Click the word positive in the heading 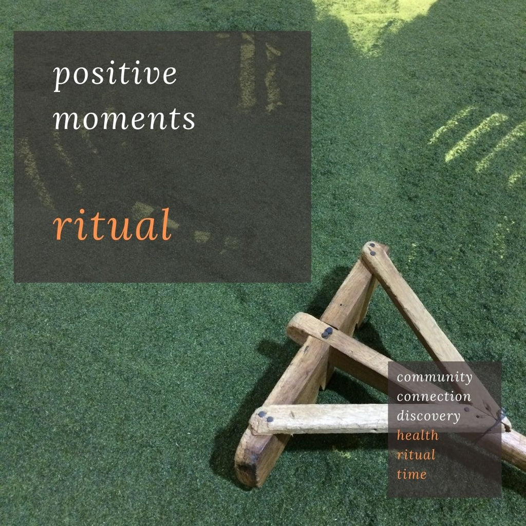click(x=115, y=75)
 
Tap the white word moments click(x=124, y=119)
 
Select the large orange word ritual click(x=112, y=226)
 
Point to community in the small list click(x=435, y=378)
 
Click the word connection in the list click(x=434, y=397)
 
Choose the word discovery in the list click(x=428, y=416)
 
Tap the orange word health click(x=418, y=435)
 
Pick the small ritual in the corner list click(x=416, y=455)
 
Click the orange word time click(x=411, y=474)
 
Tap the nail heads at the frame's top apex click(x=372, y=250)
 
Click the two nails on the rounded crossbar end click(x=326, y=333)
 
